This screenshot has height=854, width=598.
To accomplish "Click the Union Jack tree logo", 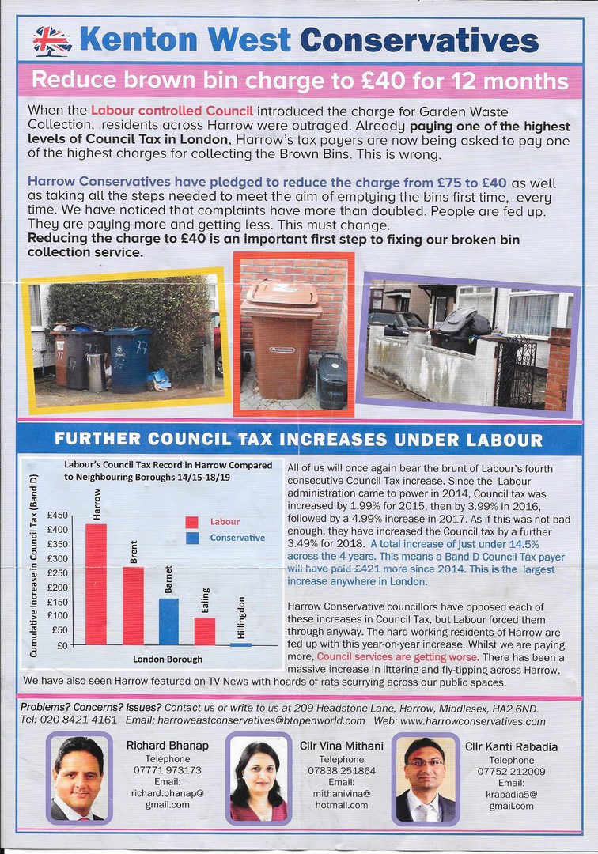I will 51,40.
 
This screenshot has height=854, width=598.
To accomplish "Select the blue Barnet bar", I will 168,621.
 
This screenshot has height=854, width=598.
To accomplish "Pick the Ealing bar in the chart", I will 205,630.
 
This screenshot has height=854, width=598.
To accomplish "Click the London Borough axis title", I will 168,659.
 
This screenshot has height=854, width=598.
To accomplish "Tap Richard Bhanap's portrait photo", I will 78,778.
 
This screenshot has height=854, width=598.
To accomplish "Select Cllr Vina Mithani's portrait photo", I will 259,778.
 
